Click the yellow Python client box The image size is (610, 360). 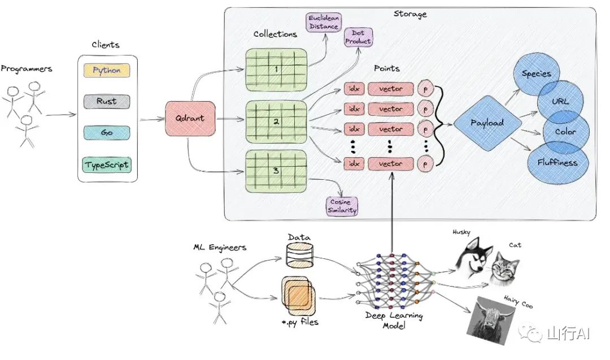[x=107, y=71]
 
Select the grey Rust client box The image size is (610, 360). [x=107, y=101]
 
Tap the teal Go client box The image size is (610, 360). [x=107, y=132]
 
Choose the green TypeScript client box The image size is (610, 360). [x=107, y=164]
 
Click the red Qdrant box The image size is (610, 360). [x=190, y=118]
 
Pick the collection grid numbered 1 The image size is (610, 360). [x=276, y=70]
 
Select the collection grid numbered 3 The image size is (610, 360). [x=276, y=171]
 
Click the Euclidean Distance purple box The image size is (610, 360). [x=324, y=22]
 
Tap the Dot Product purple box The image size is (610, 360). [x=358, y=37]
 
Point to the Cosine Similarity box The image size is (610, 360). [x=342, y=206]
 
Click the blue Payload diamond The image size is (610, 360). [x=487, y=123]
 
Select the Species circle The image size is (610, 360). [x=537, y=74]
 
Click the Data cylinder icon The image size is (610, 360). [x=299, y=255]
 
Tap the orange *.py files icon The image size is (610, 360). [x=298, y=296]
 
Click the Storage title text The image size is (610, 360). [x=410, y=14]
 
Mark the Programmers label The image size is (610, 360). [x=27, y=69]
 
